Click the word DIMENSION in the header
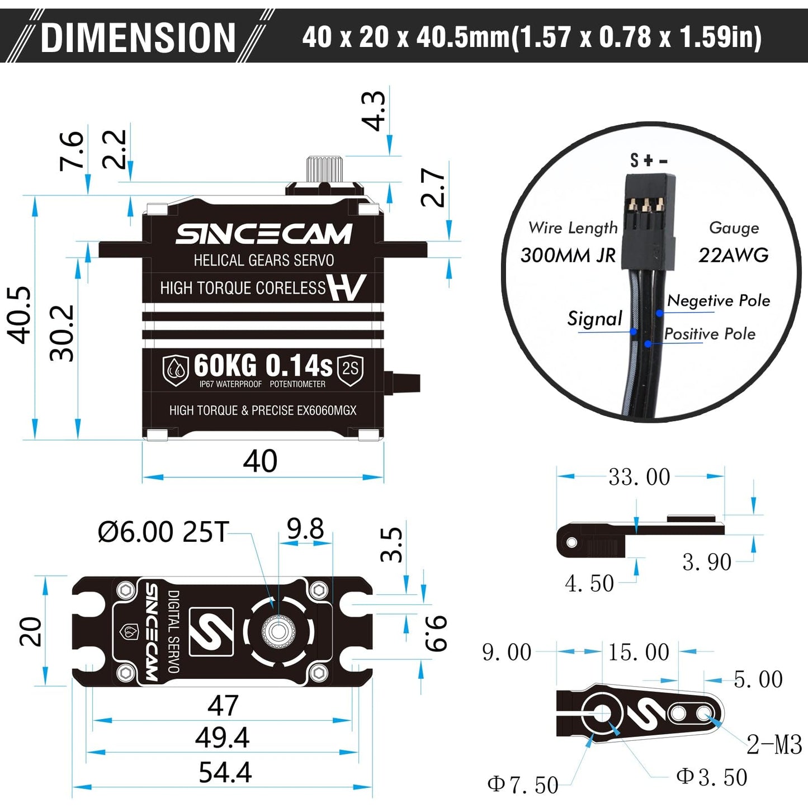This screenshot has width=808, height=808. (138, 38)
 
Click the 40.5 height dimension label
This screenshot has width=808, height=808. (20, 315)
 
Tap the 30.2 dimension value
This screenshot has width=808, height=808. (62, 333)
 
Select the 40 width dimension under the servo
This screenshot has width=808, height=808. (260, 461)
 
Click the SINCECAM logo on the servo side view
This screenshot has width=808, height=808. (263, 234)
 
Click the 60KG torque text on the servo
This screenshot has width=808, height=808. (225, 366)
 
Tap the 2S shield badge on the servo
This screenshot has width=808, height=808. (350, 369)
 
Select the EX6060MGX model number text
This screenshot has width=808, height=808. (327, 411)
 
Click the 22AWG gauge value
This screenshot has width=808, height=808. (733, 256)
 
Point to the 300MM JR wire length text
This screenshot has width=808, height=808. (568, 256)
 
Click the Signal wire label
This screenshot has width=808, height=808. (594, 319)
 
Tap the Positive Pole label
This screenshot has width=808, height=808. (710, 334)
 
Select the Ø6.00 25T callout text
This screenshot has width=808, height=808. (163, 532)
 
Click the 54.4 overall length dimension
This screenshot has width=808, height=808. (225, 773)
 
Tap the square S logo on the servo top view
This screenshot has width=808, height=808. (211, 631)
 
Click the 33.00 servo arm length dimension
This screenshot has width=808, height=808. (639, 477)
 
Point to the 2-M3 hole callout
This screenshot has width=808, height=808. (774, 745)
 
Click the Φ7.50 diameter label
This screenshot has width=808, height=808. (523, 785)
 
